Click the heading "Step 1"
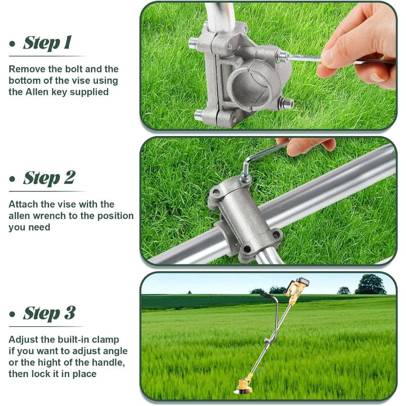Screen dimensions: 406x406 point(47,43)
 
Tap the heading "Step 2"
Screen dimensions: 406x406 point(49,178)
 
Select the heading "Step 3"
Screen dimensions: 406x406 point(49,313)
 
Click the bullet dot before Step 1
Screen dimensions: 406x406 point(12,44)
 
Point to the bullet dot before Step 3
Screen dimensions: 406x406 point(12,314)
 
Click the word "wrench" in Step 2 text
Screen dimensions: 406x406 point(50,216)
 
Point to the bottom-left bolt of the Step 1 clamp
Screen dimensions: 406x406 point(198,114)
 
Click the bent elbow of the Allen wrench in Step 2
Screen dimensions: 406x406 point(246,160)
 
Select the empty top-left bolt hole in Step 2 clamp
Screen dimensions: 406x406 point(216,192)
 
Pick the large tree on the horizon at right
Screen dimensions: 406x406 point(370,284)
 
